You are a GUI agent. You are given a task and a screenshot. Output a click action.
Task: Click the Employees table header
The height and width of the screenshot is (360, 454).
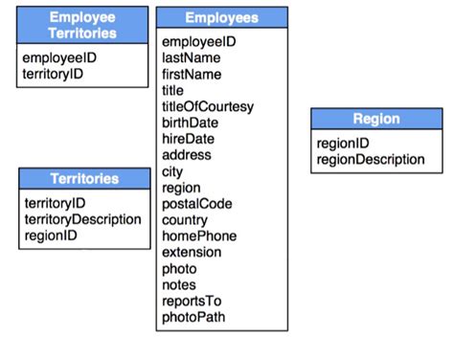221,18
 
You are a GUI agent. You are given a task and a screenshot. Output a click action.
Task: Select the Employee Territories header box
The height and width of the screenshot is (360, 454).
83,26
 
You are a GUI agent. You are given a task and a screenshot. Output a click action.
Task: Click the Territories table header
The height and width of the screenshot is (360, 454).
84,179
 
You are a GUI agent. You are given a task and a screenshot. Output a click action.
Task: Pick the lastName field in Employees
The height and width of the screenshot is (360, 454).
192,57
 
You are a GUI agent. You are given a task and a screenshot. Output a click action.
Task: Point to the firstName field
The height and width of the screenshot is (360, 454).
192,74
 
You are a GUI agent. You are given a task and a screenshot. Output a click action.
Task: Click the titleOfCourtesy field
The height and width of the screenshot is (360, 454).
208,106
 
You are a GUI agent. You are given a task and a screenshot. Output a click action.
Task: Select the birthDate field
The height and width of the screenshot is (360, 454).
190,123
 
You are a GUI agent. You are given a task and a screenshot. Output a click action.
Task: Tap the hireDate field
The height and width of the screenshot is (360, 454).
188,139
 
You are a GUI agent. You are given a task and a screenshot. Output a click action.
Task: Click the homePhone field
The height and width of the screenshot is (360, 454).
199,236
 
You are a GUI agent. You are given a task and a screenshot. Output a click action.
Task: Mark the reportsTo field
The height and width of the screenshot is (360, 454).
192,302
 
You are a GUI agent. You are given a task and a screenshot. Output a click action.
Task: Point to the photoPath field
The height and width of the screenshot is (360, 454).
194,318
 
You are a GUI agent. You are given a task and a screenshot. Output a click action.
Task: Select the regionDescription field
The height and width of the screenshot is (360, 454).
370,159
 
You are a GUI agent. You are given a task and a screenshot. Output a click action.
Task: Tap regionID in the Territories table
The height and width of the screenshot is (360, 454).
51,236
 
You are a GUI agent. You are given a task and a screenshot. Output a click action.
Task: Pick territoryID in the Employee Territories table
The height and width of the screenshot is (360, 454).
53,74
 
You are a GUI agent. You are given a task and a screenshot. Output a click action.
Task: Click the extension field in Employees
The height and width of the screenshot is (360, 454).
192,253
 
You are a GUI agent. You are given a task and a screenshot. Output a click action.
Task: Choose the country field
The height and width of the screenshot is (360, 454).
186,220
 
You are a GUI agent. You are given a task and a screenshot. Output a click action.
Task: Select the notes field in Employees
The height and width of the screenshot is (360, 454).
179,285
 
